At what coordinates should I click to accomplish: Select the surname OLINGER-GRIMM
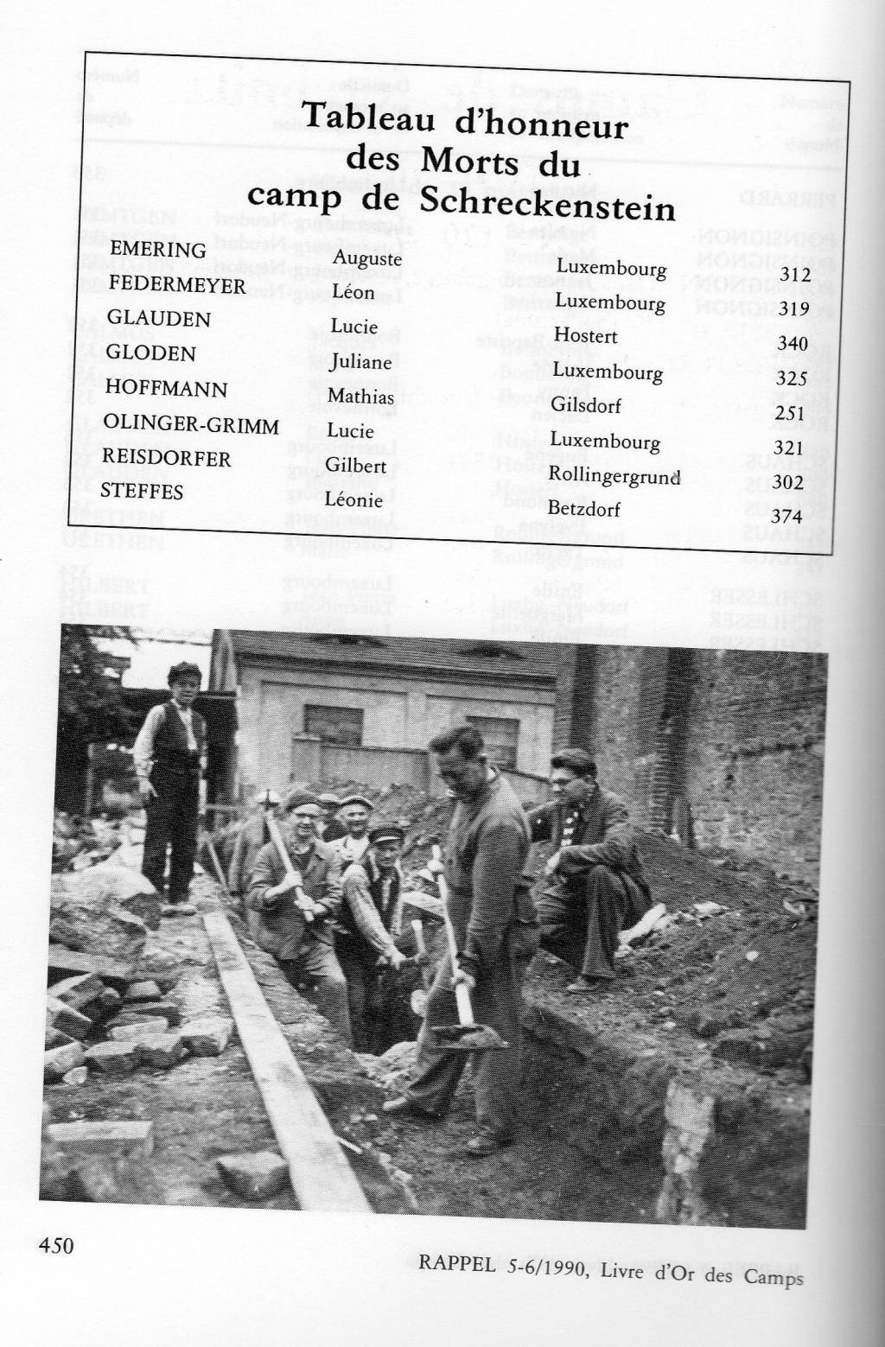coord(190,424)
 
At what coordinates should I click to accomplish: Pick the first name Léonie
coord(353,499)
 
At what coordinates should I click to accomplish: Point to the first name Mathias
coord(361,397)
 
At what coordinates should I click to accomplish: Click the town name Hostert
coord(585,334)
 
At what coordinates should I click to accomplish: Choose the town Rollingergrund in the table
coord(614,475)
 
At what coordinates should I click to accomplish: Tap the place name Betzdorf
coord(584,509)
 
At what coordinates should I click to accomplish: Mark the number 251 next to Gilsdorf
coord(791,414)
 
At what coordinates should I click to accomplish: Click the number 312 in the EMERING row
coord(793,274)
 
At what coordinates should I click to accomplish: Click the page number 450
coord(56,1245)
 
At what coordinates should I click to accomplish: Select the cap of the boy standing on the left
coord(184,670)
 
